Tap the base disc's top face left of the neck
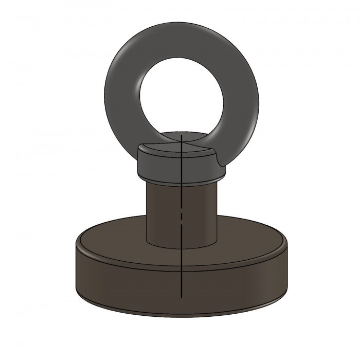[x=113, y=237]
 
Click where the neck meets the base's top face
[x=182, y=246]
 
